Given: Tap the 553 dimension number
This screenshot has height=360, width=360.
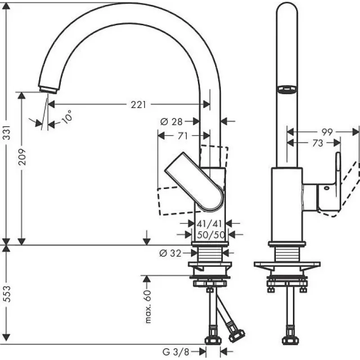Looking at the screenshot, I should click(x=7, y=294).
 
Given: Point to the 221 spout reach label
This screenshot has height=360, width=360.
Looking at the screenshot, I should click(x=138, y=104).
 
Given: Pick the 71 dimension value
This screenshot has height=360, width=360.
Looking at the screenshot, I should click(x=182, y=135).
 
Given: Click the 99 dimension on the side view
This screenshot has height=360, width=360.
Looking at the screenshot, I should click(x=327, y=132).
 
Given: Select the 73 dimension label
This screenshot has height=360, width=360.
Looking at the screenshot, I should click(x=318, y=143).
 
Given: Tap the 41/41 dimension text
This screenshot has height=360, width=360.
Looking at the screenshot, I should click(x=210, y=223).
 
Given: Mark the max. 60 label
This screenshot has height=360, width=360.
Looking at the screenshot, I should click(x=148, y=307).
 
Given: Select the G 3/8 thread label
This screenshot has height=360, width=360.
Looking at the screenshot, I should click(x=175, y=351).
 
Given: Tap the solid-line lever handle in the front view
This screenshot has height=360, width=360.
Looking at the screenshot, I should click(x=194, y=180).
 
